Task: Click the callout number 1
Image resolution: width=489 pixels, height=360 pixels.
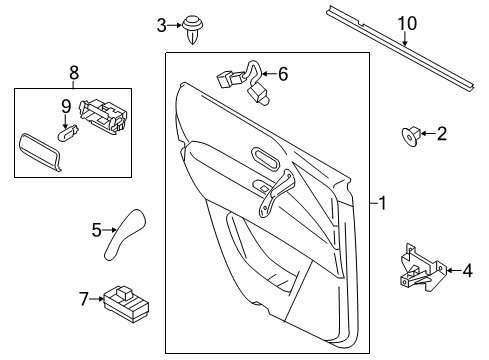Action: tap(382, 202)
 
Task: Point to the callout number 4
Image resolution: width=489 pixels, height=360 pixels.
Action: tap(466, 268)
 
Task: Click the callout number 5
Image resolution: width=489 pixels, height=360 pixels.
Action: tap(97, 230)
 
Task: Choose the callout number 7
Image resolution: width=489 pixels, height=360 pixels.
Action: tap(84, 297)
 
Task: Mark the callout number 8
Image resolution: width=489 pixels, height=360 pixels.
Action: tap(71, 72)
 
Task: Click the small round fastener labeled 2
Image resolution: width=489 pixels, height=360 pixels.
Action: tap(410, 133)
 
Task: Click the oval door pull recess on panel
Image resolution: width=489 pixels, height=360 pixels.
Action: tap(267, 157)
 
